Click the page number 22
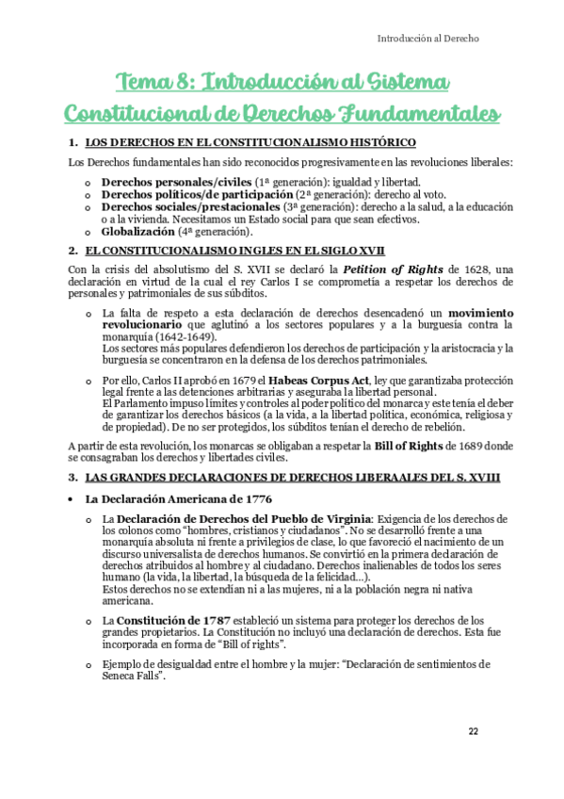[473, 732]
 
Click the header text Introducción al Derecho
[428, 39]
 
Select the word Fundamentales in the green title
[413, 114]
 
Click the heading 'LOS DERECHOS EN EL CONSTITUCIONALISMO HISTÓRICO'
[250, 142]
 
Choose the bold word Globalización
[138, 231]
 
